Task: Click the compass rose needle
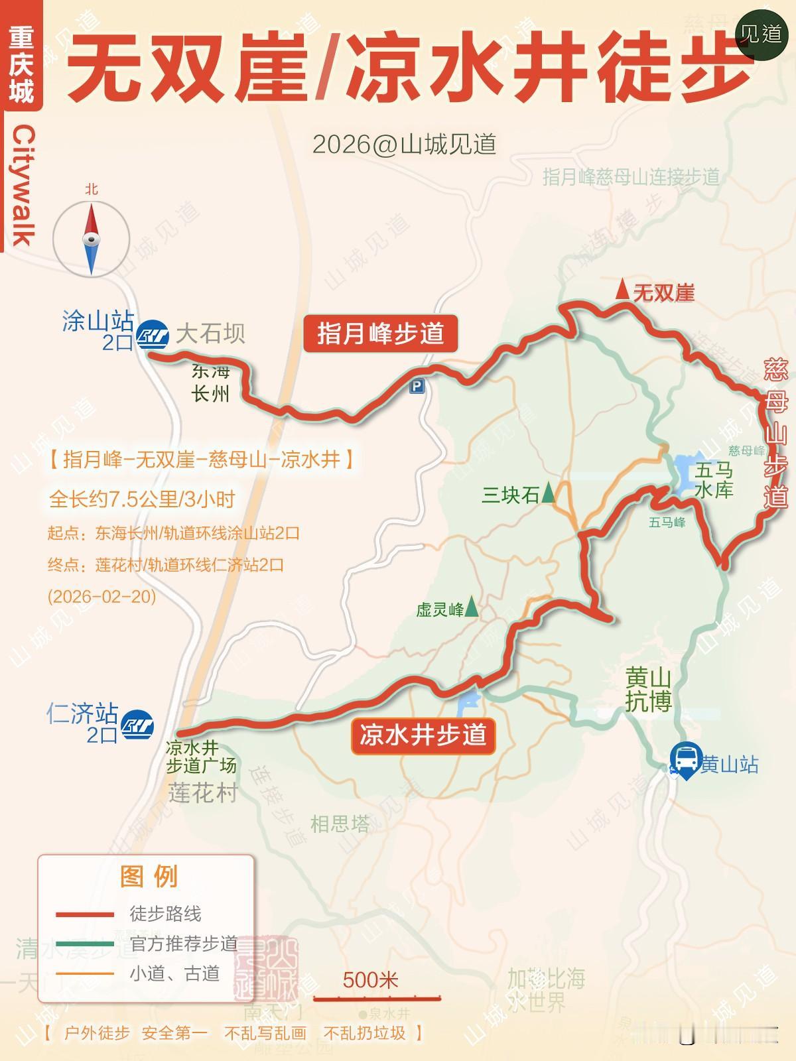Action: point(92,239)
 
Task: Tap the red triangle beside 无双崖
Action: point(622,290)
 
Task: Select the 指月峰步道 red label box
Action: point(381,334)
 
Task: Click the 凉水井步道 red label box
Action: point(423,735)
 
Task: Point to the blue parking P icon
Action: point(417,386)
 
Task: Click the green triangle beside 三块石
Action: point(549,493)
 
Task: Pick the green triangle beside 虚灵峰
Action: point(472,607)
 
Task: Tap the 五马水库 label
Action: point(714,481)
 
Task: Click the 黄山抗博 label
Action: point(648,690)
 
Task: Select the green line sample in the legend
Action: point(84,944)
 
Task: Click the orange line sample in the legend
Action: point(84,973)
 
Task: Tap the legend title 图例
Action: point(149,877)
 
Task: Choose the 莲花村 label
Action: point(202,793)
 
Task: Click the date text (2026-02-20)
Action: point(101,596)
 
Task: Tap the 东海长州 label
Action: point(210,383)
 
